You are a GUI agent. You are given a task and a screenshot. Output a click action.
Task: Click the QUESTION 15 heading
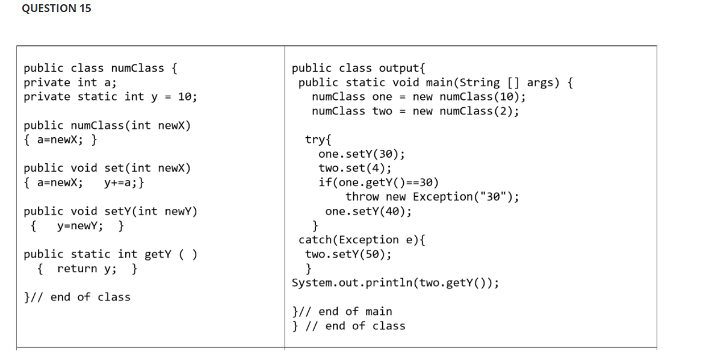click(x=57, y=8)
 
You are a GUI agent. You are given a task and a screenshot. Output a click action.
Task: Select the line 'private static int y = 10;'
click(x=110, y=97)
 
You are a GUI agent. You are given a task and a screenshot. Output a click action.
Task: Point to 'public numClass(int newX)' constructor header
click(x=107, y=126)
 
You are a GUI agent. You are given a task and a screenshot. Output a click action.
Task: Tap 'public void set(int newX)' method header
click(x=107, y=169)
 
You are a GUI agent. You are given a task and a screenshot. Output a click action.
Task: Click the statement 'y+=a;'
click(x=123, y=182)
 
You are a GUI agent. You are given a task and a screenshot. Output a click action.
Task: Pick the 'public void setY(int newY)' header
click(x=110, y=211)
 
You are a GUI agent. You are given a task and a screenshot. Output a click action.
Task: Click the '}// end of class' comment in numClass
click(x=76, y=297)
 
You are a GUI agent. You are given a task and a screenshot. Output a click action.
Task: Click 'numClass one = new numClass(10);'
click(x=419, y=97)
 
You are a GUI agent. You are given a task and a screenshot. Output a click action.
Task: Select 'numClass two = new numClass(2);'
click(x=415, y=111)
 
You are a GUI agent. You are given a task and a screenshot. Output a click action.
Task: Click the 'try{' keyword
click(x=318, y=140)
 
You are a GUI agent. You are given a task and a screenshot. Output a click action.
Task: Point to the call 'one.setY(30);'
click(x=361, y=154)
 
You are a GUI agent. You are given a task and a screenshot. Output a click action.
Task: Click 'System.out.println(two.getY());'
click(x=395, y=283)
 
